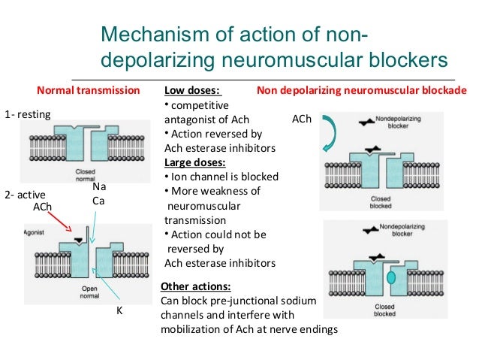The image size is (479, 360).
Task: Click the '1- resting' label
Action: click(x=27, y=114)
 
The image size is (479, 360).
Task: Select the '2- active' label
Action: click(x=24, y=193)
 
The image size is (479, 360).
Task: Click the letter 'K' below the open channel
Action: click(x=119, y=310)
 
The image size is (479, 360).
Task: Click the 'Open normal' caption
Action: click(x=89, y=293)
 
